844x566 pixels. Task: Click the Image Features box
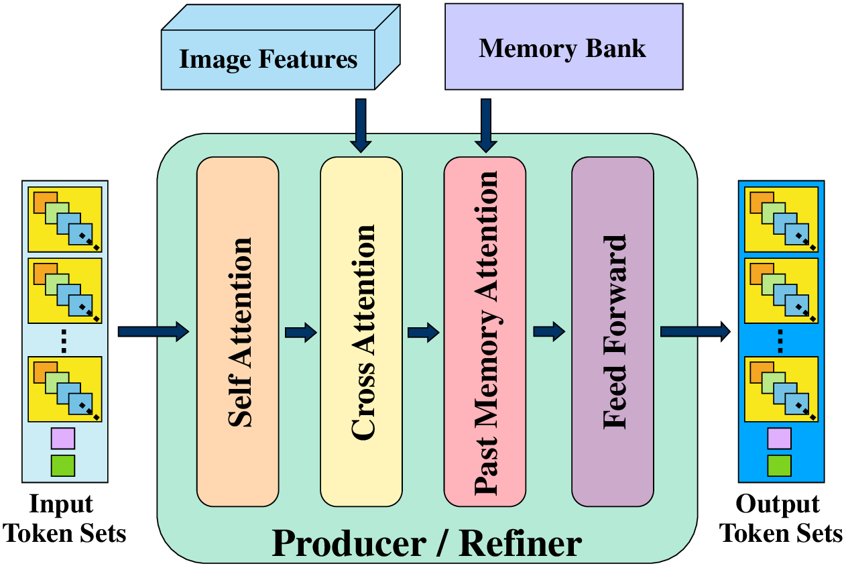pos(268,60)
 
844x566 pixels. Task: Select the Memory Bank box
pos(563,49)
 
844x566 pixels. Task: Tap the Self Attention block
pos(237,331)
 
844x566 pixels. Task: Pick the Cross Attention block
pos(361,331)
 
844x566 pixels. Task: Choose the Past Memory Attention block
pos(485,331)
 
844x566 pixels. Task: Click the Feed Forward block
pos(612,331)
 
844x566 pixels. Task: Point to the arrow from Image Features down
pos(361,125)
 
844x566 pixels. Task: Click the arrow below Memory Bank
pos(485,125)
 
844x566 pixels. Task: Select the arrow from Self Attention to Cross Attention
pos(300,332)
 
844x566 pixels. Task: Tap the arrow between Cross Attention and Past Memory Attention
pos(423,332)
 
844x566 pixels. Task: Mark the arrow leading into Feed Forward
pos(549,331)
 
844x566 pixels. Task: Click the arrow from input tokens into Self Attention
pos(153,331)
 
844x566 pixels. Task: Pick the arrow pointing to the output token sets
pos(695,331)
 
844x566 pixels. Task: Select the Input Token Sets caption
pos(65,519)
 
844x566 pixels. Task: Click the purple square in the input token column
pos(63,439)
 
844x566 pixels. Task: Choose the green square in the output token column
pos(779,465)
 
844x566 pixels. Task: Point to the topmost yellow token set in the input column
pos(64,218)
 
